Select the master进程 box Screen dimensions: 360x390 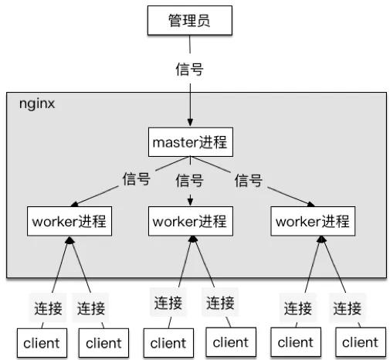(189, 143)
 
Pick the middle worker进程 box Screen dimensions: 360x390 (189, 221)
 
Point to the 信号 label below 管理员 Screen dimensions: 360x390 (189, 69)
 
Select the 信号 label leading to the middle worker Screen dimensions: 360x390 (189, 181)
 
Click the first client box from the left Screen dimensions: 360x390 (42, 342)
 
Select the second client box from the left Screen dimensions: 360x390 (103, 342)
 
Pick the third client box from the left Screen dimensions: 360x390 (168, 341)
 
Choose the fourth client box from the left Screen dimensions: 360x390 (230, 341)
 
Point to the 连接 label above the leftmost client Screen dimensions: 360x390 (43, 308)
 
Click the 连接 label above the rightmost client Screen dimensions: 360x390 (348, 308)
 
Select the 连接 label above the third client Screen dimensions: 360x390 (168, 302)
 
